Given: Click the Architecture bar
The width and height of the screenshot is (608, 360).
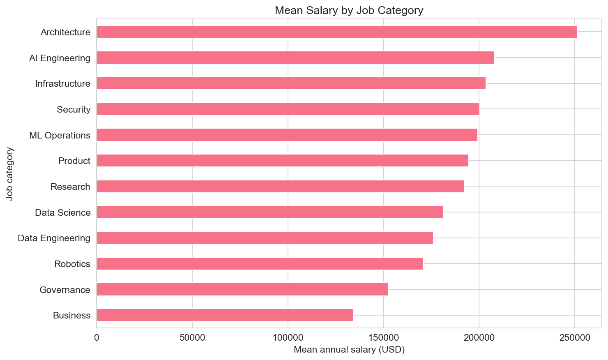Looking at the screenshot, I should coord(337,32).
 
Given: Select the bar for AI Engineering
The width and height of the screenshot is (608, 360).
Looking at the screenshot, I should coord(295,58).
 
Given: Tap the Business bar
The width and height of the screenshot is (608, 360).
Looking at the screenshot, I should coord(225,315).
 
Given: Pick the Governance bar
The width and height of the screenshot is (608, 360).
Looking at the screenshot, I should coord(242,289).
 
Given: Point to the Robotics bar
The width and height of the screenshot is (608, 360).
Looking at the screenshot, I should coord(260,264).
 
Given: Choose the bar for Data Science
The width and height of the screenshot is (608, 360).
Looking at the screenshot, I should coord(269,212).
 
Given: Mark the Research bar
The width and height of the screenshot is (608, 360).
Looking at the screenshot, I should coord(280,187).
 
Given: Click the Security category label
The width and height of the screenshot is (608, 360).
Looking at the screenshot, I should coord(74,110).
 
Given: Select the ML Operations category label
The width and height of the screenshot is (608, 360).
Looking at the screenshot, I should coord(60,136).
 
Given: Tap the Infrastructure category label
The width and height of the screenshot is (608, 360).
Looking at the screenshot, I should coord(63,84).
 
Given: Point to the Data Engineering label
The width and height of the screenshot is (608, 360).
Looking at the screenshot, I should coord(54,238).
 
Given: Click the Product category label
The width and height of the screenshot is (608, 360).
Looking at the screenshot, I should coord(74,161).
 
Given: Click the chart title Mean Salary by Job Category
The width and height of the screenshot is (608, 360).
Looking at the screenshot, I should coord(349,10).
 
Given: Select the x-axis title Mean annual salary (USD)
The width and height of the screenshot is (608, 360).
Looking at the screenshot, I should coord(349,350).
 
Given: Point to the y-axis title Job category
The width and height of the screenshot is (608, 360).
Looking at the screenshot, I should coord(10,174).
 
